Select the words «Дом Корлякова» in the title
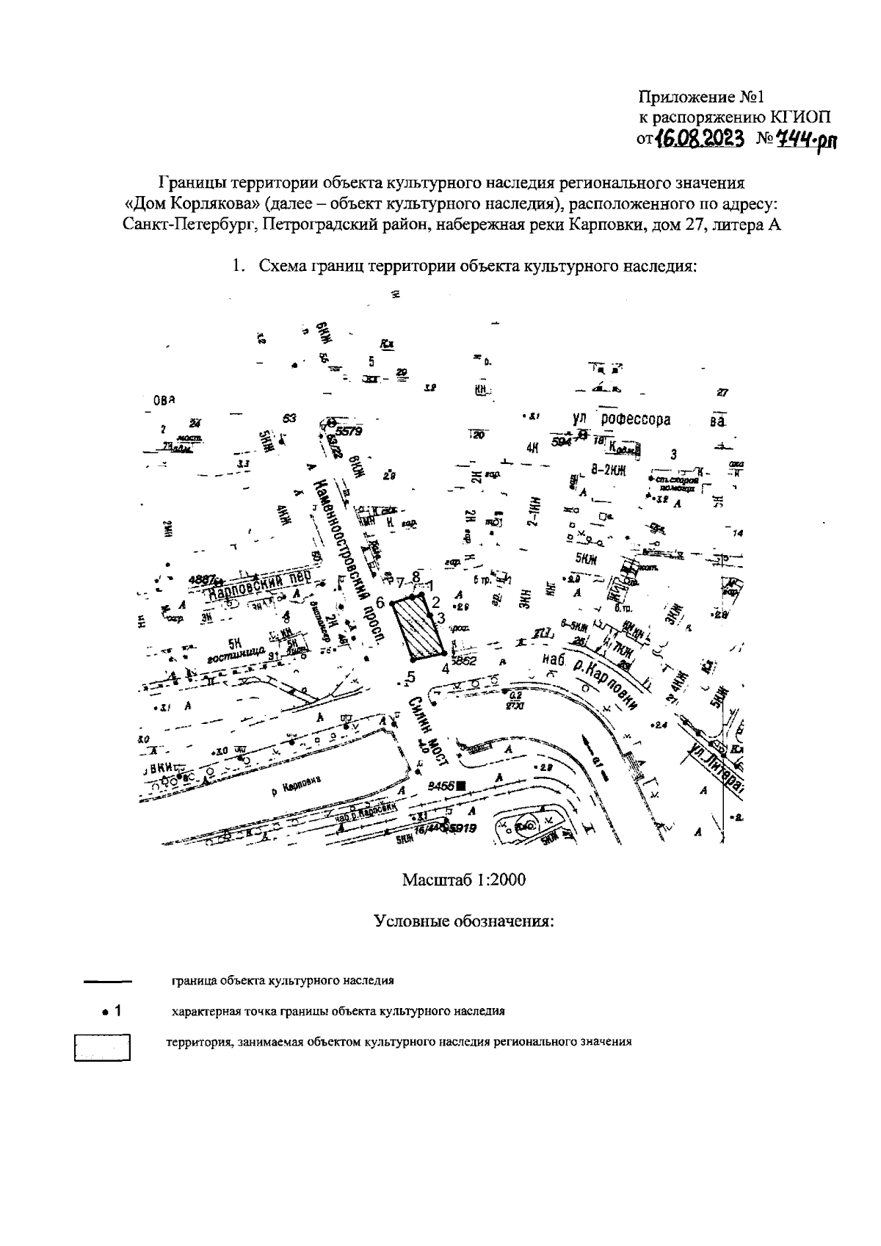192,203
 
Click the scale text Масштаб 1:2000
463,880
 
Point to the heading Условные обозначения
463,921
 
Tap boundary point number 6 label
380,602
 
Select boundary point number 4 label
445,669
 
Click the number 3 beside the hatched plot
441,618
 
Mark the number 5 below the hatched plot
411,676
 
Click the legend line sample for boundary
106,981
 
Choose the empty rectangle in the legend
102,1047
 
